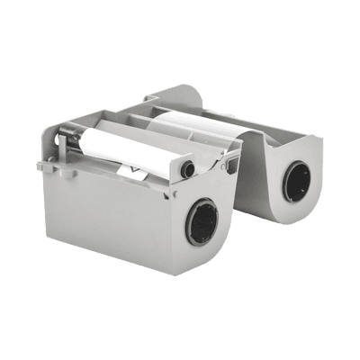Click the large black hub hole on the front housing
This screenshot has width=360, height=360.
click(202, 220)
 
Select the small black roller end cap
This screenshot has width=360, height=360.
click(187, 169)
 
